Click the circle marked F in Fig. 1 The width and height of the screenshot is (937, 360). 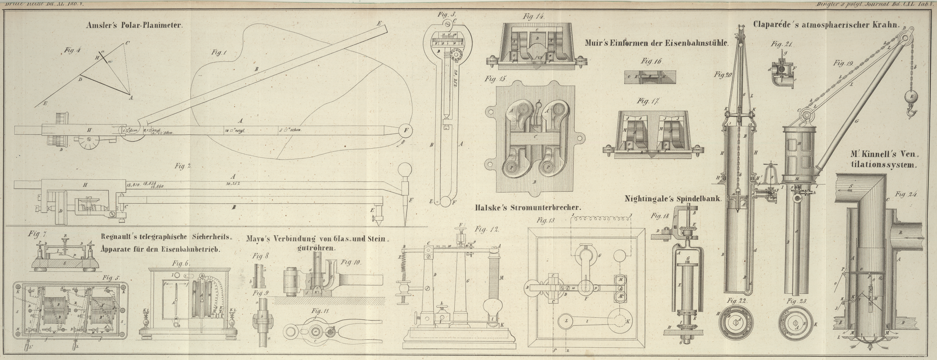point(406,130)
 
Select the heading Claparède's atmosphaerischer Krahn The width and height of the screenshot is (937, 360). point(825,25)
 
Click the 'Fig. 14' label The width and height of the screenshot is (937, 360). point(533,17)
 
